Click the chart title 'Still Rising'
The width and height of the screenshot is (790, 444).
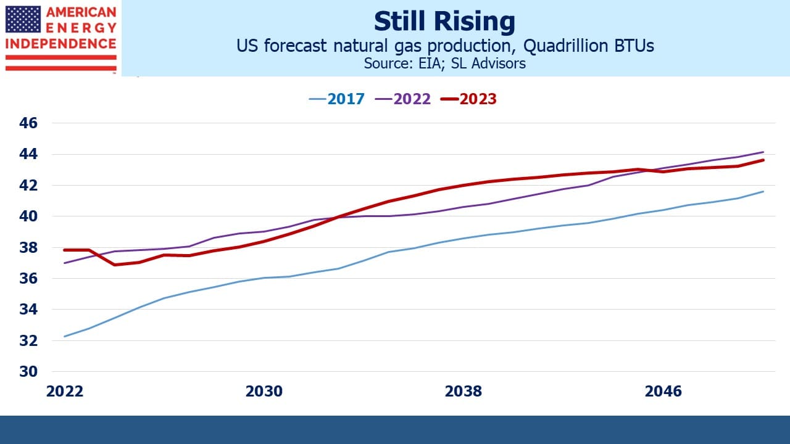click(444, 22)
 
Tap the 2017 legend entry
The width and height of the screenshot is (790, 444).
click(336, 99)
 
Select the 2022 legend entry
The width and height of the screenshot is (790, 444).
click(403, 99)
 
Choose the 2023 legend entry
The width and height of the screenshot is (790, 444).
click(468, 99)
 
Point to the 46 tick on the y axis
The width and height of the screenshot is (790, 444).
click(28, 123)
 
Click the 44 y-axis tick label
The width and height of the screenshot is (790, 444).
click(28, 154)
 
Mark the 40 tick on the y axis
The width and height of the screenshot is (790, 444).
click(28, 216)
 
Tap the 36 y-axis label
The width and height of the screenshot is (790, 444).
click(28, 278)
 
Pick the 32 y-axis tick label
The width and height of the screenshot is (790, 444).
click(28, 340)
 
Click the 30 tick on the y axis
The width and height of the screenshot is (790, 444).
click(28, 371)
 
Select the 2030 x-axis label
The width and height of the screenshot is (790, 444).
click(264, 392)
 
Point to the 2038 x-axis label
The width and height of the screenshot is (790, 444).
click(464, 392)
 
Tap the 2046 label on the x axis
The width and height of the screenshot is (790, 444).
click(663, 392)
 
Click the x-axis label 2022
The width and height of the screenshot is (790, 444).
click(65, 392)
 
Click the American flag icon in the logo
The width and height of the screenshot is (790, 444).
click(23, 19)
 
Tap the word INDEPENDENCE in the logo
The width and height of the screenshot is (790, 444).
click(61, 44)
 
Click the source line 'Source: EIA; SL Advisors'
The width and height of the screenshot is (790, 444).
click(445, 64)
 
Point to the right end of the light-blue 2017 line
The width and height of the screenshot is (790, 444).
click(763, 192)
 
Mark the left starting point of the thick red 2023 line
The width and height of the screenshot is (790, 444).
click(65, 250)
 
